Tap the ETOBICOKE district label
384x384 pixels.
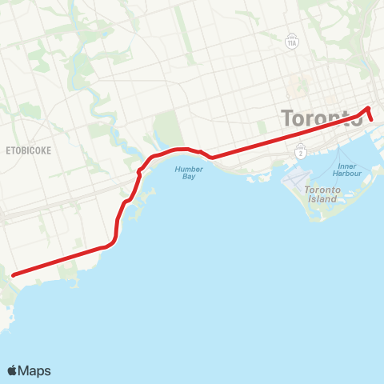tap(29, 150)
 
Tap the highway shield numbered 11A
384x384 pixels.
tap(290, 42)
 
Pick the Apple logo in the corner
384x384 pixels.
tap(13, 370)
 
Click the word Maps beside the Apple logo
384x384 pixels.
tap(35, 370)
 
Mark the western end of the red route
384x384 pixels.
tap(14, 275)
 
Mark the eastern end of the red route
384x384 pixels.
tap(372, 120)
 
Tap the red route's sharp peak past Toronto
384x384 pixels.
tap(367, 108)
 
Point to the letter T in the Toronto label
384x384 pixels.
tap(287, 118)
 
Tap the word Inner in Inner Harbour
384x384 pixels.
tap(346, 166)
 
